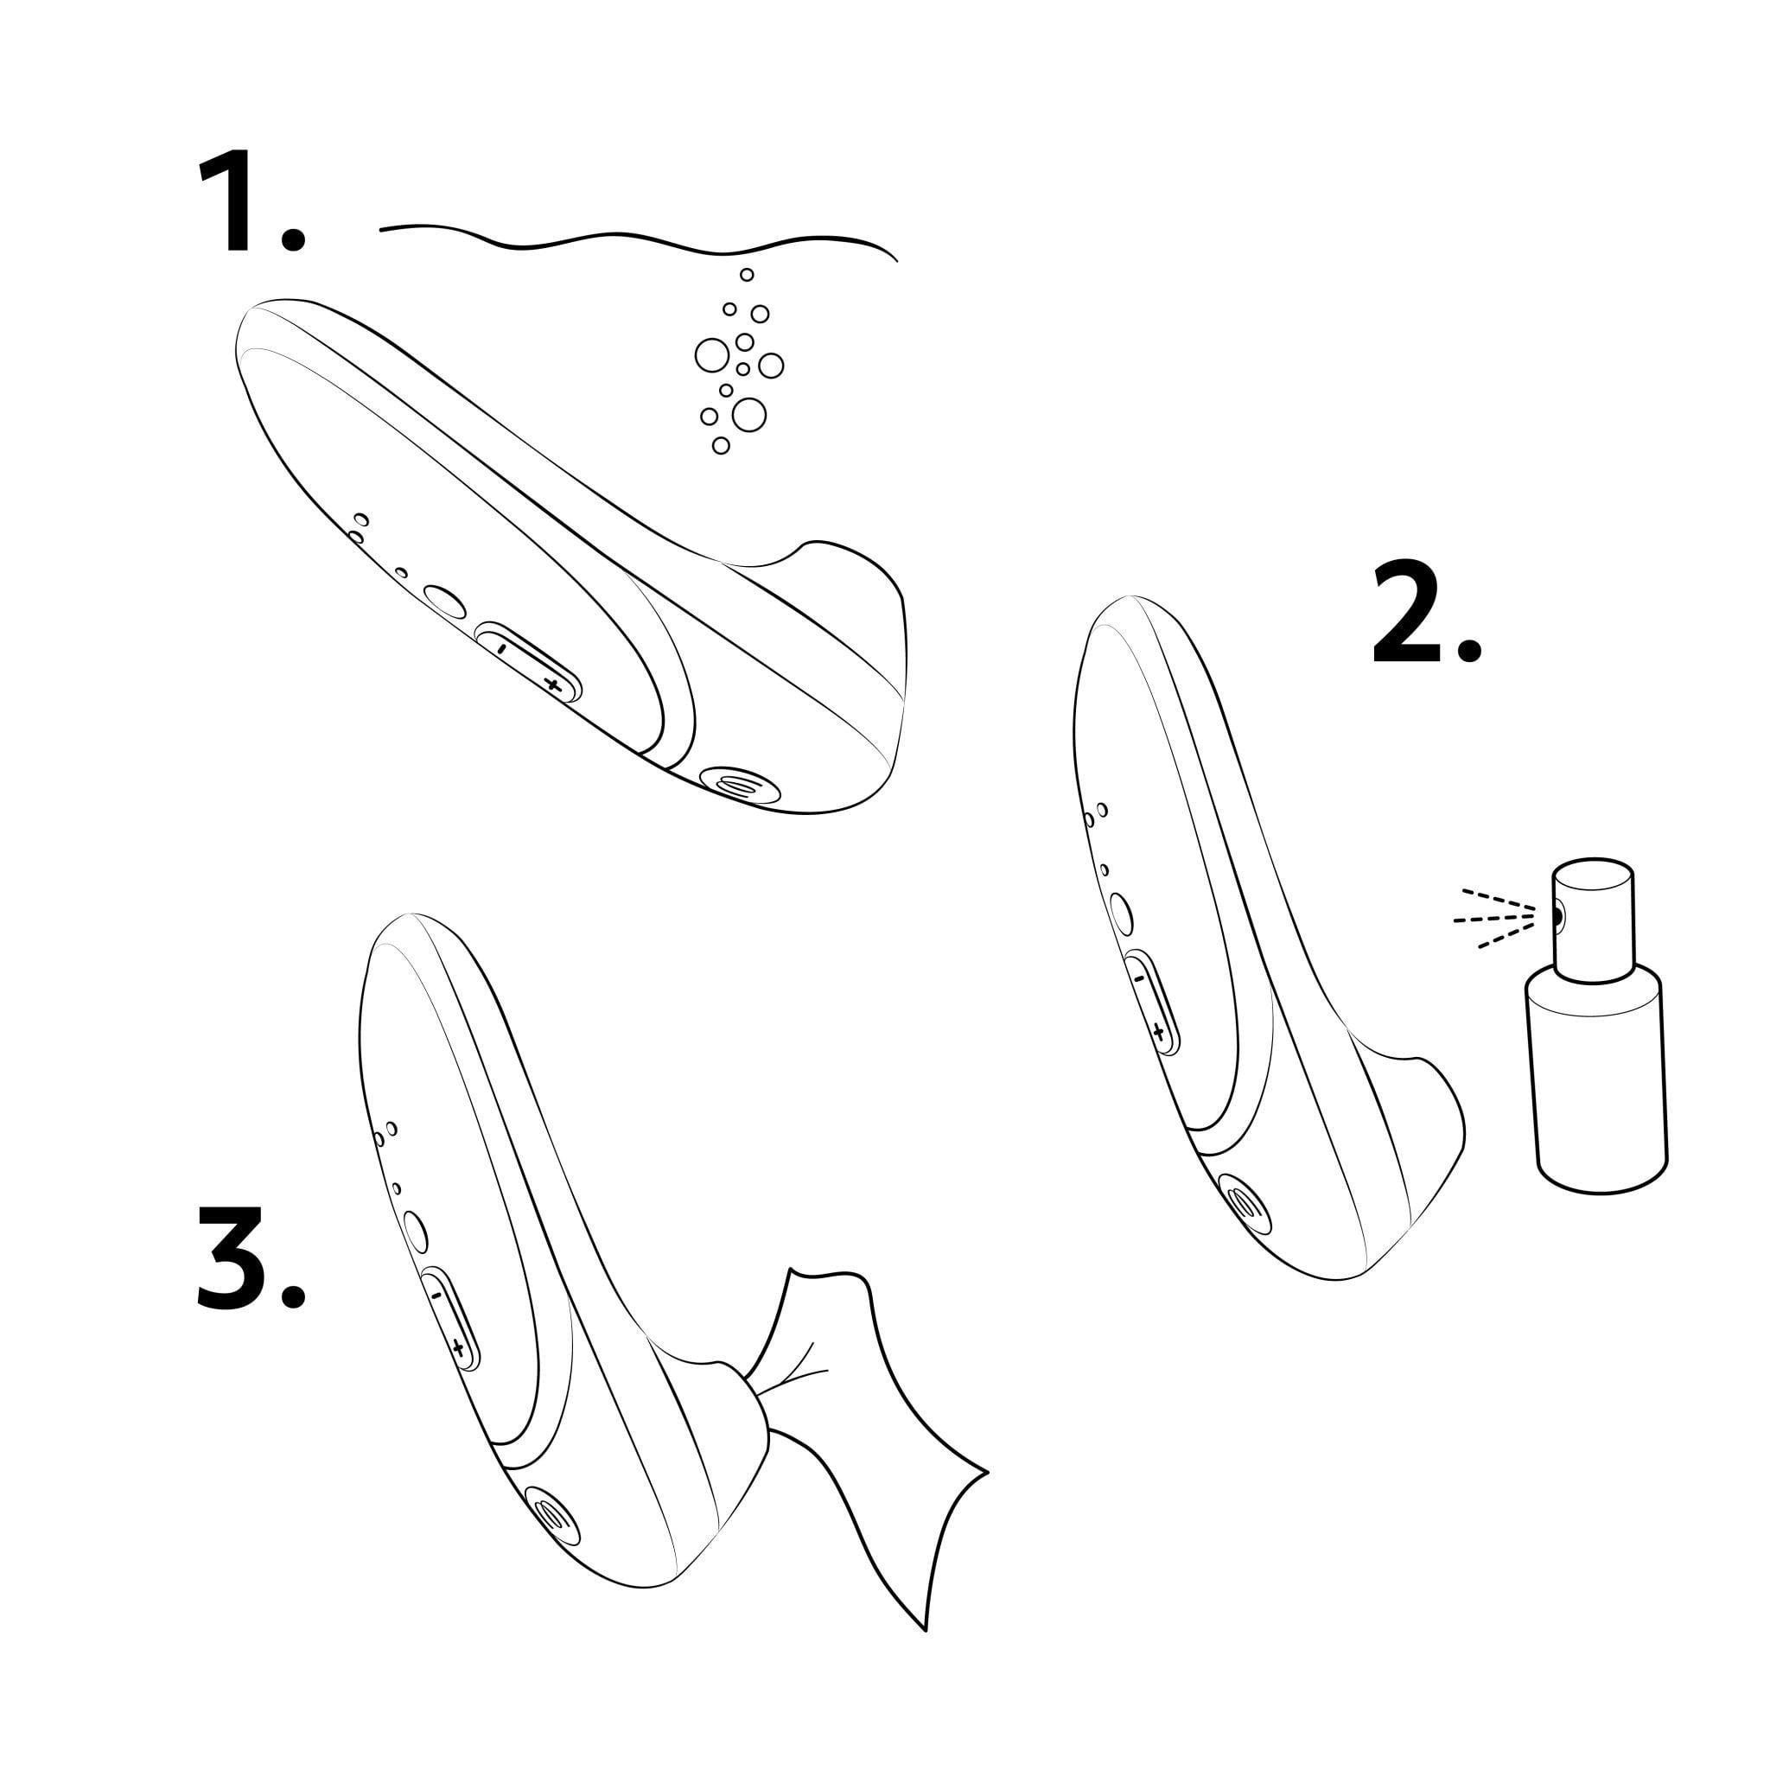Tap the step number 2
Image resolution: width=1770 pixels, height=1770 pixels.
[x=1425, y=613]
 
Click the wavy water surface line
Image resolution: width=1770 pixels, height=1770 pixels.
[x=639, y=240]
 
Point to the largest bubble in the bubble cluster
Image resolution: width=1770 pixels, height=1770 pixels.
[x=748, y=415]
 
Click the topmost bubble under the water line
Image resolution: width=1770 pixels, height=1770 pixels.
[x=747, y=275]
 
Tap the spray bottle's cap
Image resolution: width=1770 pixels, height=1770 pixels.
[x=1593, y=920]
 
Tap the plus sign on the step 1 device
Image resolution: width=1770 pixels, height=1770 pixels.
[x=551, y=684]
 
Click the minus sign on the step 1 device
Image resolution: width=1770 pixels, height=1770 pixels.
[x=501, y=646]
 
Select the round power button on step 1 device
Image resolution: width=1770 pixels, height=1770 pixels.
[x=445, y=603]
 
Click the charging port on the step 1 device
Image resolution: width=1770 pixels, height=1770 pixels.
[x=739, y=785]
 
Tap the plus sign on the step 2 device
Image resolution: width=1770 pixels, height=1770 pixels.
[x=1159, y=1034]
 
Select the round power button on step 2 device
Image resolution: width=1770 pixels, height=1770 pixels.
[x=1120, y=914]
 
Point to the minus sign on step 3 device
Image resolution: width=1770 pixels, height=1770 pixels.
[x=436, y=1296]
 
